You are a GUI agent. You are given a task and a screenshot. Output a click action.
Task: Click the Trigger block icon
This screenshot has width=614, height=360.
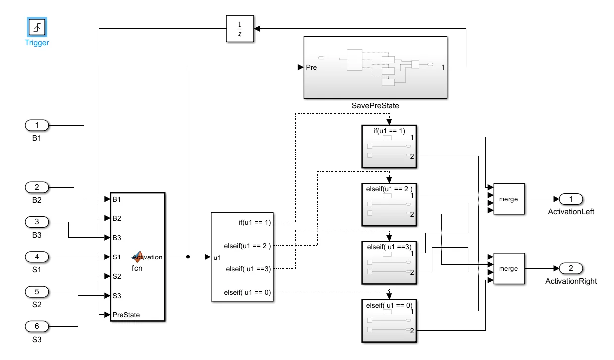(37, 27)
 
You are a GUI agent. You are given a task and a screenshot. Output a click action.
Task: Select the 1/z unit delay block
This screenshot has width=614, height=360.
(240, 29)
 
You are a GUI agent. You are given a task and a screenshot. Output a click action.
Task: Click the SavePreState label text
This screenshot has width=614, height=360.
(375, 106)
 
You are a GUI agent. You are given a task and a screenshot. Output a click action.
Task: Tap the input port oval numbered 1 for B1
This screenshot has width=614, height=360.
(37, 125)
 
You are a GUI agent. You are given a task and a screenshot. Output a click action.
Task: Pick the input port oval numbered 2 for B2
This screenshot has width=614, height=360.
(37, 187)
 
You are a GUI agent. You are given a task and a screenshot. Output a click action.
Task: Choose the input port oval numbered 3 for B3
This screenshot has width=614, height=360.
(37, 222)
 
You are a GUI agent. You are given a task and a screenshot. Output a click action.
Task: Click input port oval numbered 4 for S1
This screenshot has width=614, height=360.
(37, 257)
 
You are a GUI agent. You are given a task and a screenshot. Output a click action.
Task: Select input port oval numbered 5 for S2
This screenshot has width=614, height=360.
(37, 292)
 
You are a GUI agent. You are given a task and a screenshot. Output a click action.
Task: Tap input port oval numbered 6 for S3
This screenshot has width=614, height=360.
(37, 326)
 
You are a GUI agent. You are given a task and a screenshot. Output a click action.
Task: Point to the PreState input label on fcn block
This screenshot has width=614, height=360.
(126, 315)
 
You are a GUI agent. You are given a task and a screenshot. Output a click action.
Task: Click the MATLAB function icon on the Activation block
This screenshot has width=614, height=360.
(138, 257)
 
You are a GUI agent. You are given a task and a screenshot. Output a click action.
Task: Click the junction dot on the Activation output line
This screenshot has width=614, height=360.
(188, 257)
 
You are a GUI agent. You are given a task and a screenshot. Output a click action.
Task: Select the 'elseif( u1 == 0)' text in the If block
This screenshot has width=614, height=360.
(247, 292)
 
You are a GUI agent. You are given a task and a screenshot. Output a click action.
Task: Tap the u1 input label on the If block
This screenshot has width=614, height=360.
(217, 257)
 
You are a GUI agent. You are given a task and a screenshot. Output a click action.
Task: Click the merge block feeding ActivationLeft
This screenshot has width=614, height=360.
(509, 199)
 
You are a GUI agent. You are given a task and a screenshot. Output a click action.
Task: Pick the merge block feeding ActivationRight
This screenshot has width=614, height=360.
(509, 268)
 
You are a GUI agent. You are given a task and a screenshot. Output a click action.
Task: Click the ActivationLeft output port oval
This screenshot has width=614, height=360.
(571, 199)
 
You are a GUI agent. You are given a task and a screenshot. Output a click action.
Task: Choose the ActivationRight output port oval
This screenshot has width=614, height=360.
(571, 268)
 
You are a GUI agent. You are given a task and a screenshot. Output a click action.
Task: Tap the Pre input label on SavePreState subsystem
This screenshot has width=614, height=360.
(311, 67)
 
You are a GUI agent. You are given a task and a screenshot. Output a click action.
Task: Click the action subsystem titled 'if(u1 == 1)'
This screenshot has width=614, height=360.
(389, 147)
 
